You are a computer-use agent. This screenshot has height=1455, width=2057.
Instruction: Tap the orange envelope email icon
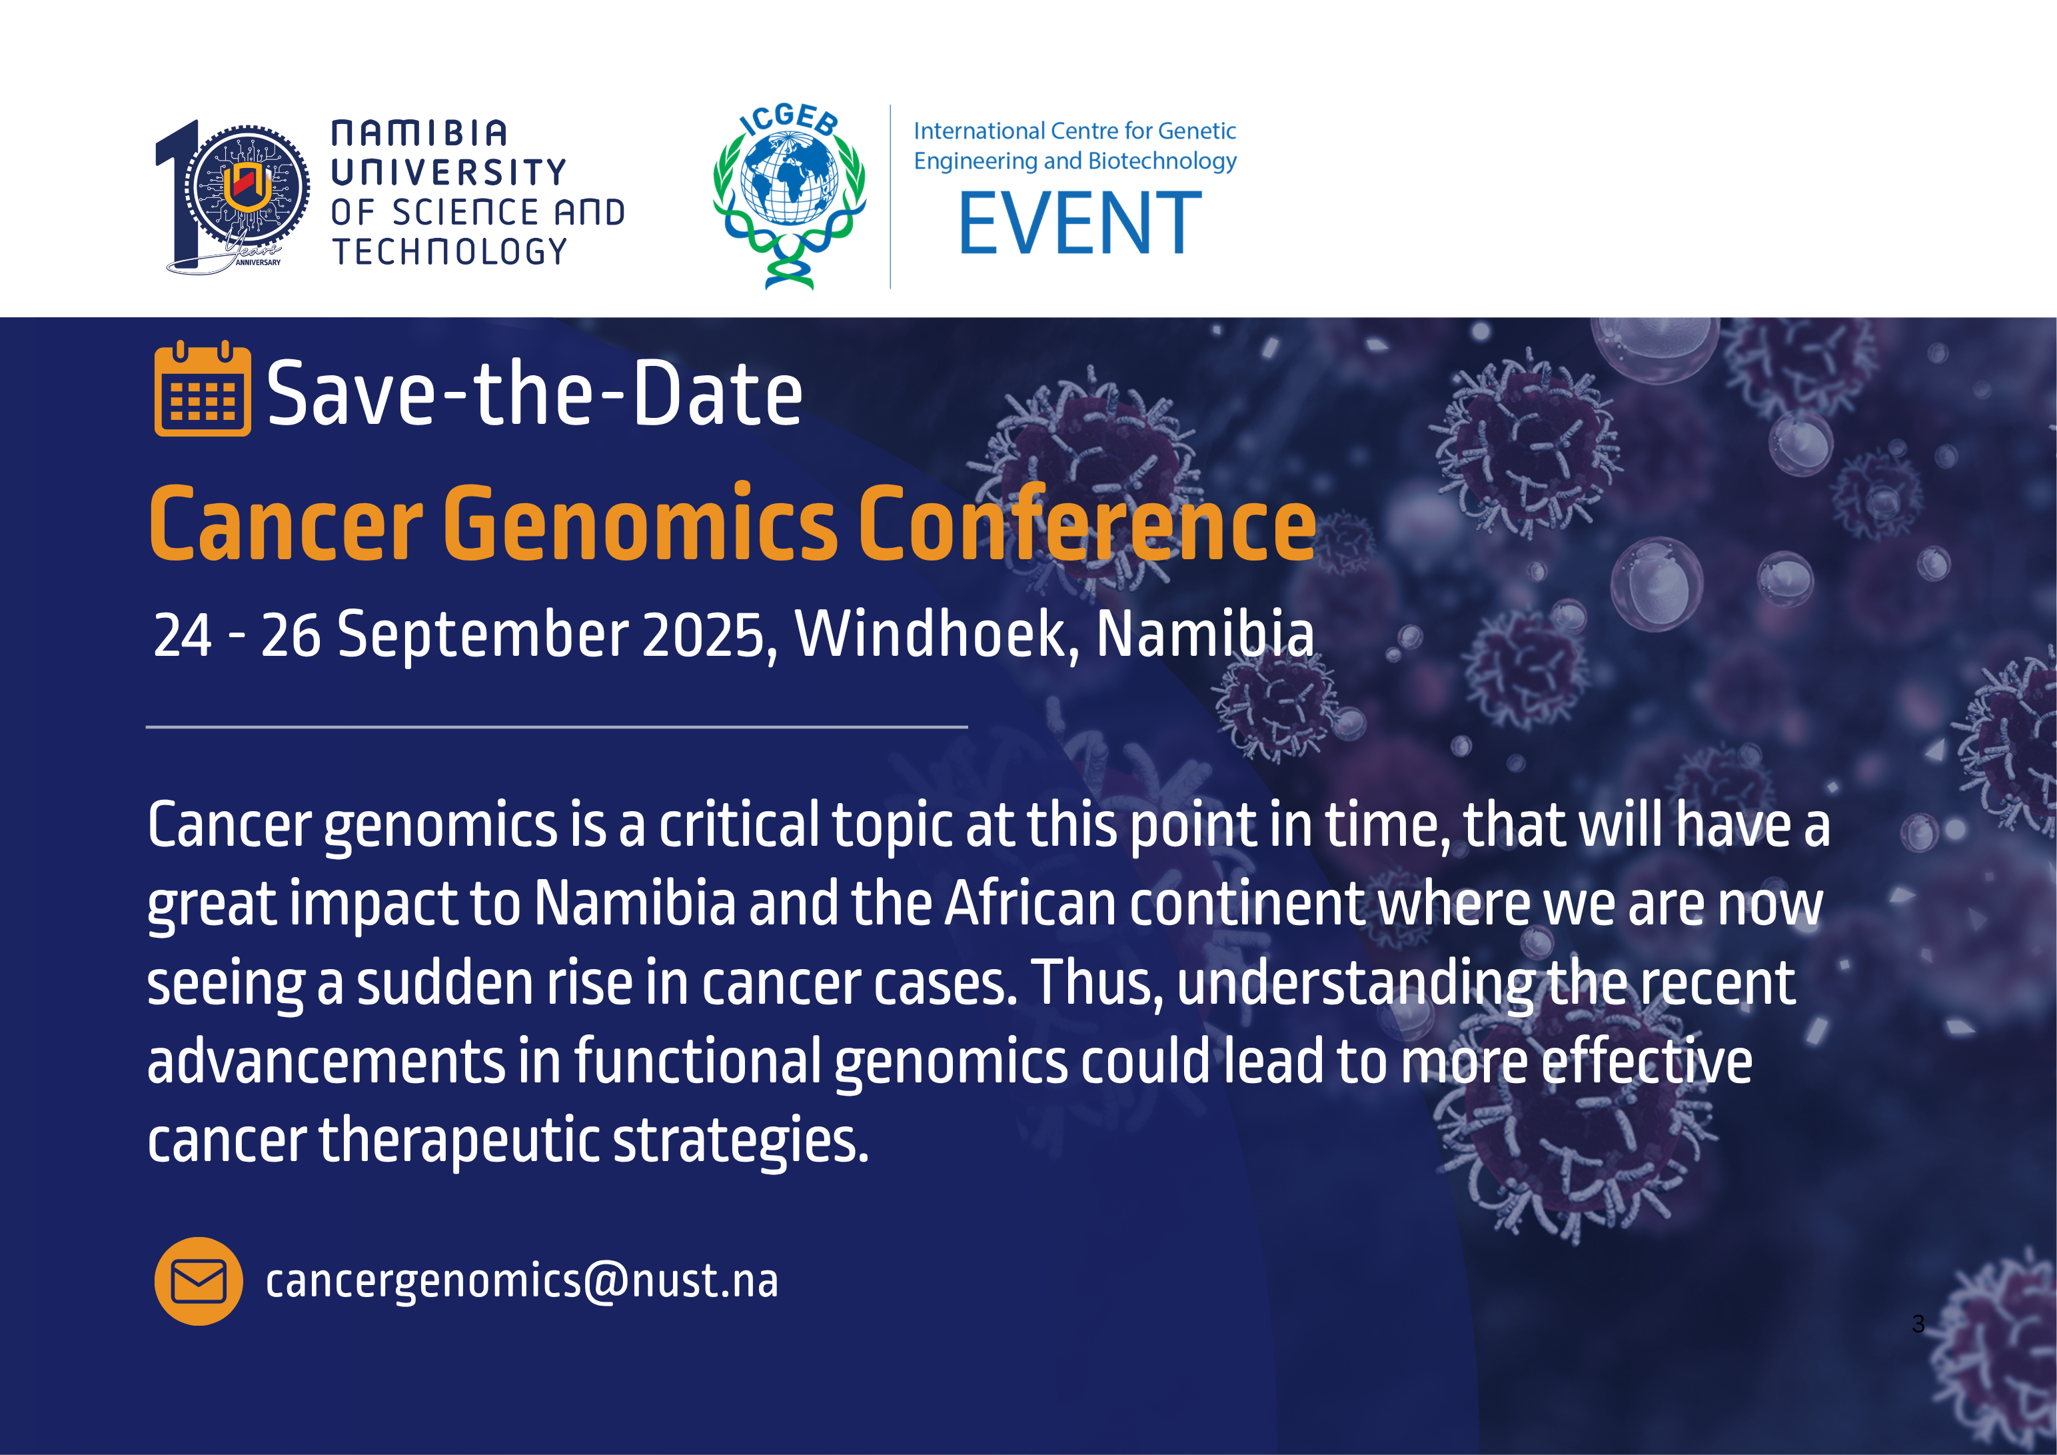198,1281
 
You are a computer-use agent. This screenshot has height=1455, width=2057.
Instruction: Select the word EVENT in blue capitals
1079,223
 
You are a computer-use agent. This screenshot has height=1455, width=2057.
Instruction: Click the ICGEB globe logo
790,196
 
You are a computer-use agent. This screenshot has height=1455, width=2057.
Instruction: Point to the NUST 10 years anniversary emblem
232,197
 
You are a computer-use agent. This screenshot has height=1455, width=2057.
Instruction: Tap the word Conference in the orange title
1087,523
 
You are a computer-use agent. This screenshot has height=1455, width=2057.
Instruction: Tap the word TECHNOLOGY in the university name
450,252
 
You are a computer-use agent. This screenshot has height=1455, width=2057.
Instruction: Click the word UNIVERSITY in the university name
449,172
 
